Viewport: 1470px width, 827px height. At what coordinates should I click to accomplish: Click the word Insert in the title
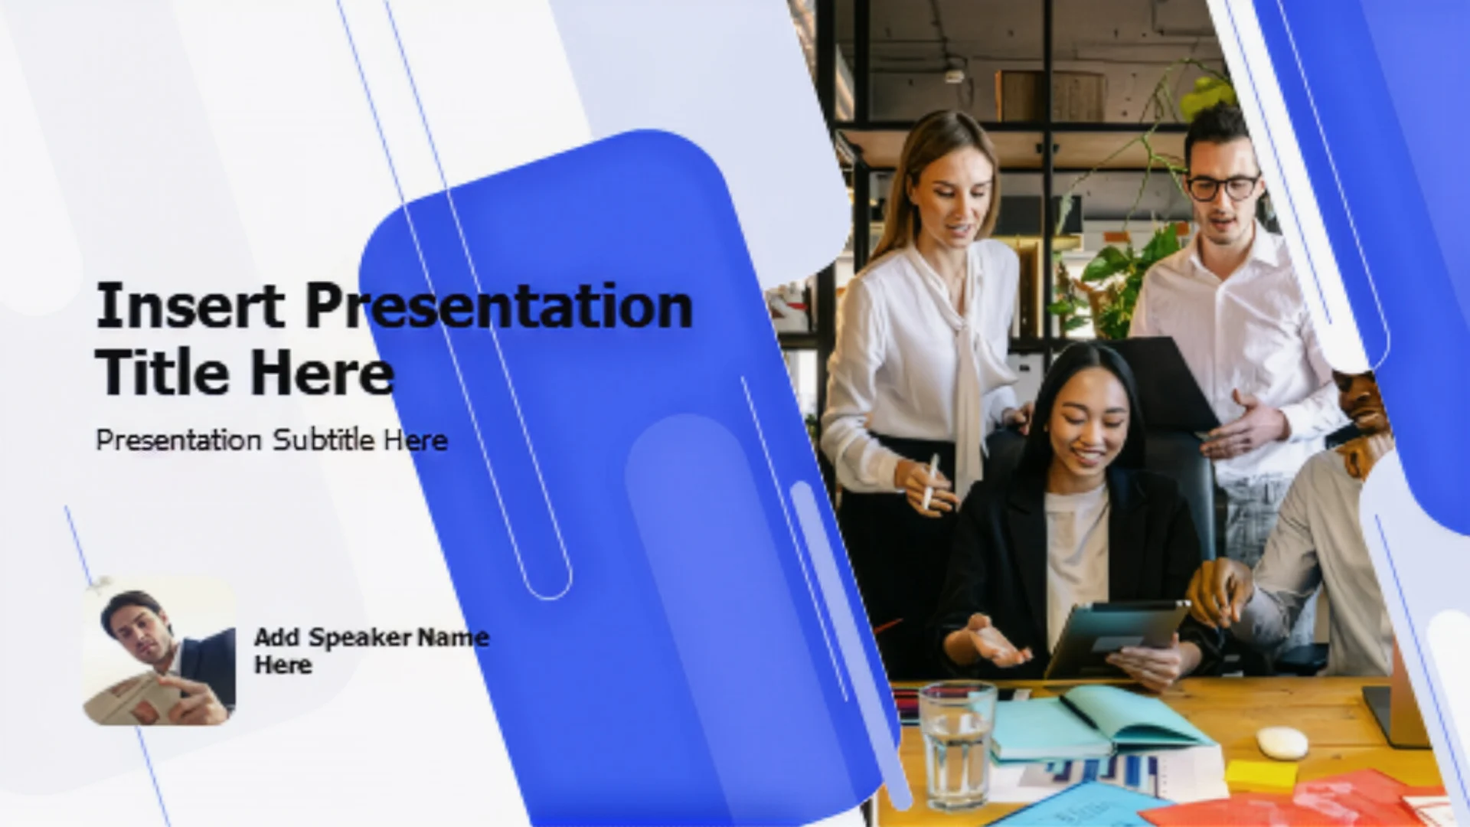[x=190, y=306]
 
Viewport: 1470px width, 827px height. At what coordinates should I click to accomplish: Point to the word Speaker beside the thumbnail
[x=359, y=637]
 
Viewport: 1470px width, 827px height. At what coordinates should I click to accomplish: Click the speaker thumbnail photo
[x=159, y=651]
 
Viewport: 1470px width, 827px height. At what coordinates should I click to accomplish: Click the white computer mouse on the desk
[x=1282, y=743]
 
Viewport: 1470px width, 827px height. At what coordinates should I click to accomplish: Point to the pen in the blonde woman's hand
[x=930, y=481]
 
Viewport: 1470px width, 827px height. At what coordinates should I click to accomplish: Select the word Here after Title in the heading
[x=322, y=373]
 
